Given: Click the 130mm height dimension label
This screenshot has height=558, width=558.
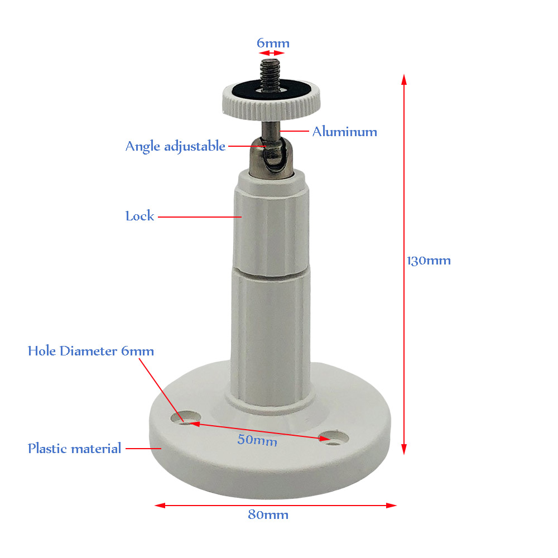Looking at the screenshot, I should click(429, 261).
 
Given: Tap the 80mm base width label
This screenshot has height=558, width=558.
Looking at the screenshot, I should click(268, 514).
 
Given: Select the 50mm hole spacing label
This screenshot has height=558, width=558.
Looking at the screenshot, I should click(257, 440).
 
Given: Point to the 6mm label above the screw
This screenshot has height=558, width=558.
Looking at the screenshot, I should click(273, 43).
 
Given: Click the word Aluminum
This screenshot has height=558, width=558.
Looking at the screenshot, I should click(344, 132).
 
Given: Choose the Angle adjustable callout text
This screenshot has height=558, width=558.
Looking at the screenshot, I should click(175, 146).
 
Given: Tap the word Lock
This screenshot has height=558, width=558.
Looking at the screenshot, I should click(139, 216).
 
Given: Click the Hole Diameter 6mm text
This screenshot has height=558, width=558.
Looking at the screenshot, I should click(91, 351).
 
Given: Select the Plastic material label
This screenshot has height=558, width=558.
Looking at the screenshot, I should click(74, 448).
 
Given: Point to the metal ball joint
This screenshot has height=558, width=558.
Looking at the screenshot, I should click(273, 156).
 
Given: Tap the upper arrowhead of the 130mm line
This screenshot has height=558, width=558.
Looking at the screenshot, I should click(403, 78).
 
